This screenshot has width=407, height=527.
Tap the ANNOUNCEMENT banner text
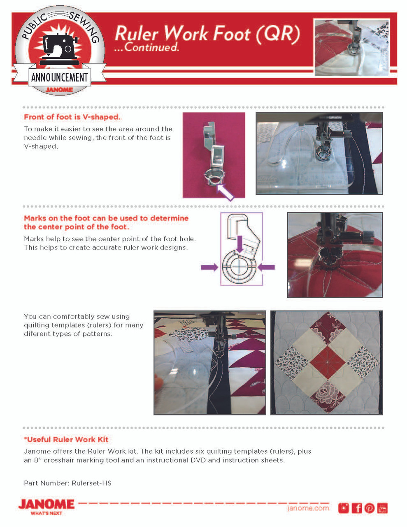60,77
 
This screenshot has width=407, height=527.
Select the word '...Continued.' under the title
147,48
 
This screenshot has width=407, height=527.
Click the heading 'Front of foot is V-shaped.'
72,117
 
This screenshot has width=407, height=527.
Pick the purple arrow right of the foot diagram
266,267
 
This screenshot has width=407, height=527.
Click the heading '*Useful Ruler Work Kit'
66,439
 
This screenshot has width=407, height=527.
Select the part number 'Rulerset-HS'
91,483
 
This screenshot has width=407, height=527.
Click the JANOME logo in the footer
46,505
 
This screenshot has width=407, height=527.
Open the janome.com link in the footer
308,508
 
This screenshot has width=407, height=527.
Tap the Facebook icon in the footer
357,508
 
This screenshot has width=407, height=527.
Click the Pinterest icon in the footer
370,508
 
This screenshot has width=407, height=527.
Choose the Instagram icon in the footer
344,508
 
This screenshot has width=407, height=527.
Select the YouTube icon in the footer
382,508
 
